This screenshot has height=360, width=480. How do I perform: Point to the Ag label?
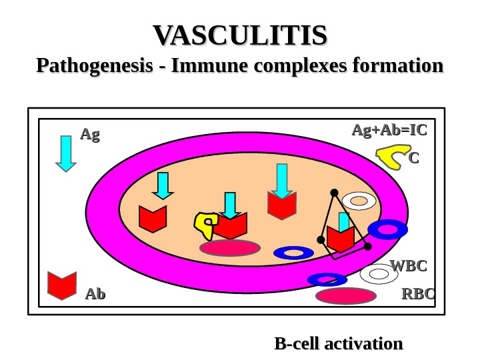point(89,135)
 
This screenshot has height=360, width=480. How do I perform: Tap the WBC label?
point(407,267)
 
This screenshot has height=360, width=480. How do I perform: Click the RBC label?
point(417,294)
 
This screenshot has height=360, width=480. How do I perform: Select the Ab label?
point(95,294)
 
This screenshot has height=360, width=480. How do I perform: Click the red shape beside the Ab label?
point(63,285)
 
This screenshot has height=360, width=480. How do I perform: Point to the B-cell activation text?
point(339,344)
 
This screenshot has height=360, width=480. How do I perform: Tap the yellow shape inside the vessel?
point(205,225)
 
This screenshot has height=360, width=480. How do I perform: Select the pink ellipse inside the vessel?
point(230,248)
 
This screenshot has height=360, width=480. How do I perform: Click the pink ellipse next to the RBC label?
point(346,296)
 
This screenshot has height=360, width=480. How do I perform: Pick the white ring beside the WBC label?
point(379,273)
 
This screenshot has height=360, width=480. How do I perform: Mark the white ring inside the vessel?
point(359,201)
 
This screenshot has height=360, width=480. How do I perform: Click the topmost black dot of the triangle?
point(334,193)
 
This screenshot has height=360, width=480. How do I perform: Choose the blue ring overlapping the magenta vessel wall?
point(387,230)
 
